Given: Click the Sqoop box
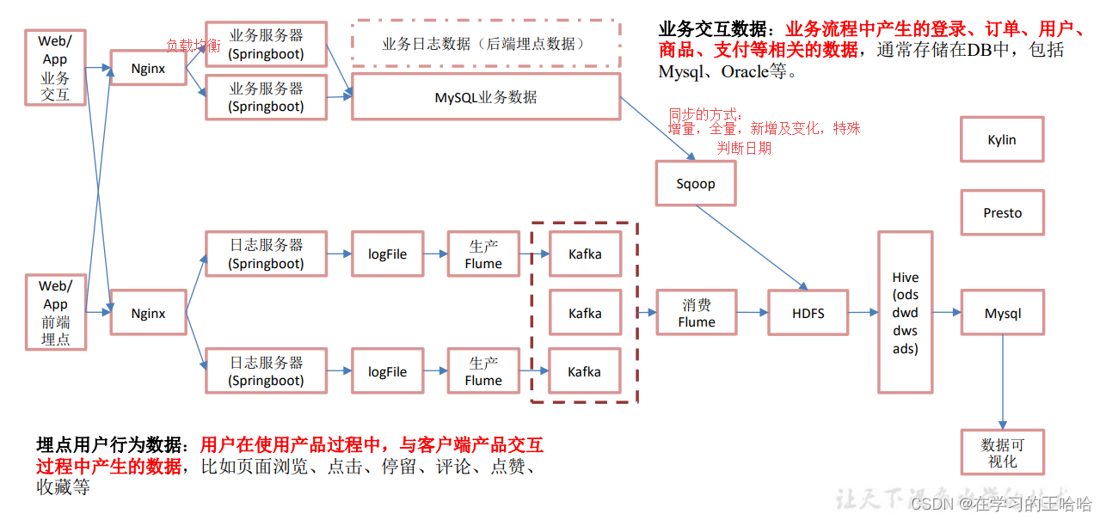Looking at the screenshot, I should (696, 184).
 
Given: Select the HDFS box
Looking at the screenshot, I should (808, 313).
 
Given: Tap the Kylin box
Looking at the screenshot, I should (1001, 139).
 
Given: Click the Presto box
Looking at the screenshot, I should (1002, 212).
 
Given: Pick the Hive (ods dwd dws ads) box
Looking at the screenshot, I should (905, 313).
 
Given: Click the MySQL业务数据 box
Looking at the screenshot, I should (485, 96).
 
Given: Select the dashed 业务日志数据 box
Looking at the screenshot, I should (485, 44).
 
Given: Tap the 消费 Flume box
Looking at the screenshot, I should (696, 313).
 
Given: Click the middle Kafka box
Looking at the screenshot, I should (585, 313).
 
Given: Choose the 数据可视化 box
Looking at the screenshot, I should (1002, 453).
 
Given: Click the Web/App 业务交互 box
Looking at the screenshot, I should (55, 68).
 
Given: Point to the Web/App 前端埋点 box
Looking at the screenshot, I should (55, 313).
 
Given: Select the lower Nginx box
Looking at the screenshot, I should (148, 313).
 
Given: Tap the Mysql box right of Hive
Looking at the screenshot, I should (1002, 313).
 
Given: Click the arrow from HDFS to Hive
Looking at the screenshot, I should (862, 313).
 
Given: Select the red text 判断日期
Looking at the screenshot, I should (744, 148).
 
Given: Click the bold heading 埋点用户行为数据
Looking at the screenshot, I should (109, 446).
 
